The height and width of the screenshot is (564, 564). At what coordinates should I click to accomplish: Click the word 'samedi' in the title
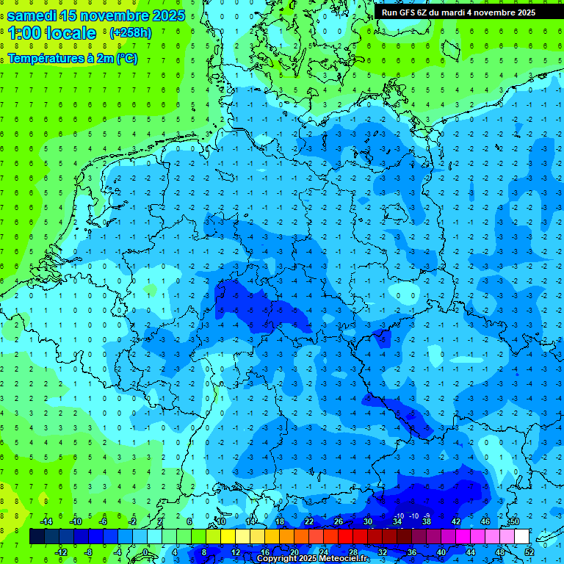(36, 15)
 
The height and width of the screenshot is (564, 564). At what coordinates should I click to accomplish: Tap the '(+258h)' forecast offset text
(131, 33)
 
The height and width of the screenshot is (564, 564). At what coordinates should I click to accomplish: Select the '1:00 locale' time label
(53, 33)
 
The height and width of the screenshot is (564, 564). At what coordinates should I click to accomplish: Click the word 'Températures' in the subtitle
(46, 59)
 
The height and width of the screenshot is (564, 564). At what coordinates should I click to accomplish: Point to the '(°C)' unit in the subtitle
(126, 59)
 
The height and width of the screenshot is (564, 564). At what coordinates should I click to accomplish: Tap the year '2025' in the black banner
(522, 12)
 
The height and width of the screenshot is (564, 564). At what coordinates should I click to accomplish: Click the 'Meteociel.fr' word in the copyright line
(345, 559)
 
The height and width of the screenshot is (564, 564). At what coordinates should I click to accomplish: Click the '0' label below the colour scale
(147, 552)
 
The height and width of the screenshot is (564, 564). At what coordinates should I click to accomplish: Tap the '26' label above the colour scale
(339, 521)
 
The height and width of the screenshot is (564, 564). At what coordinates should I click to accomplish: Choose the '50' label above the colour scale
(515, 521)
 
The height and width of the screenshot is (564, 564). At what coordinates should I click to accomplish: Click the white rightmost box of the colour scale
(522, 536)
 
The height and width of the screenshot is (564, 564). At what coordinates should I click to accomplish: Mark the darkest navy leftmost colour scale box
(37, 536)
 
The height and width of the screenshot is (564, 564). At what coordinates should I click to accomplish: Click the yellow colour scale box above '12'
(235, 536)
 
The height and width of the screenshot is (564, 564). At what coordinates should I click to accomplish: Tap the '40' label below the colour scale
(441, 552)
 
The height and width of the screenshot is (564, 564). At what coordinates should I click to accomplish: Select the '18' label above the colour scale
(280, 521)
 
